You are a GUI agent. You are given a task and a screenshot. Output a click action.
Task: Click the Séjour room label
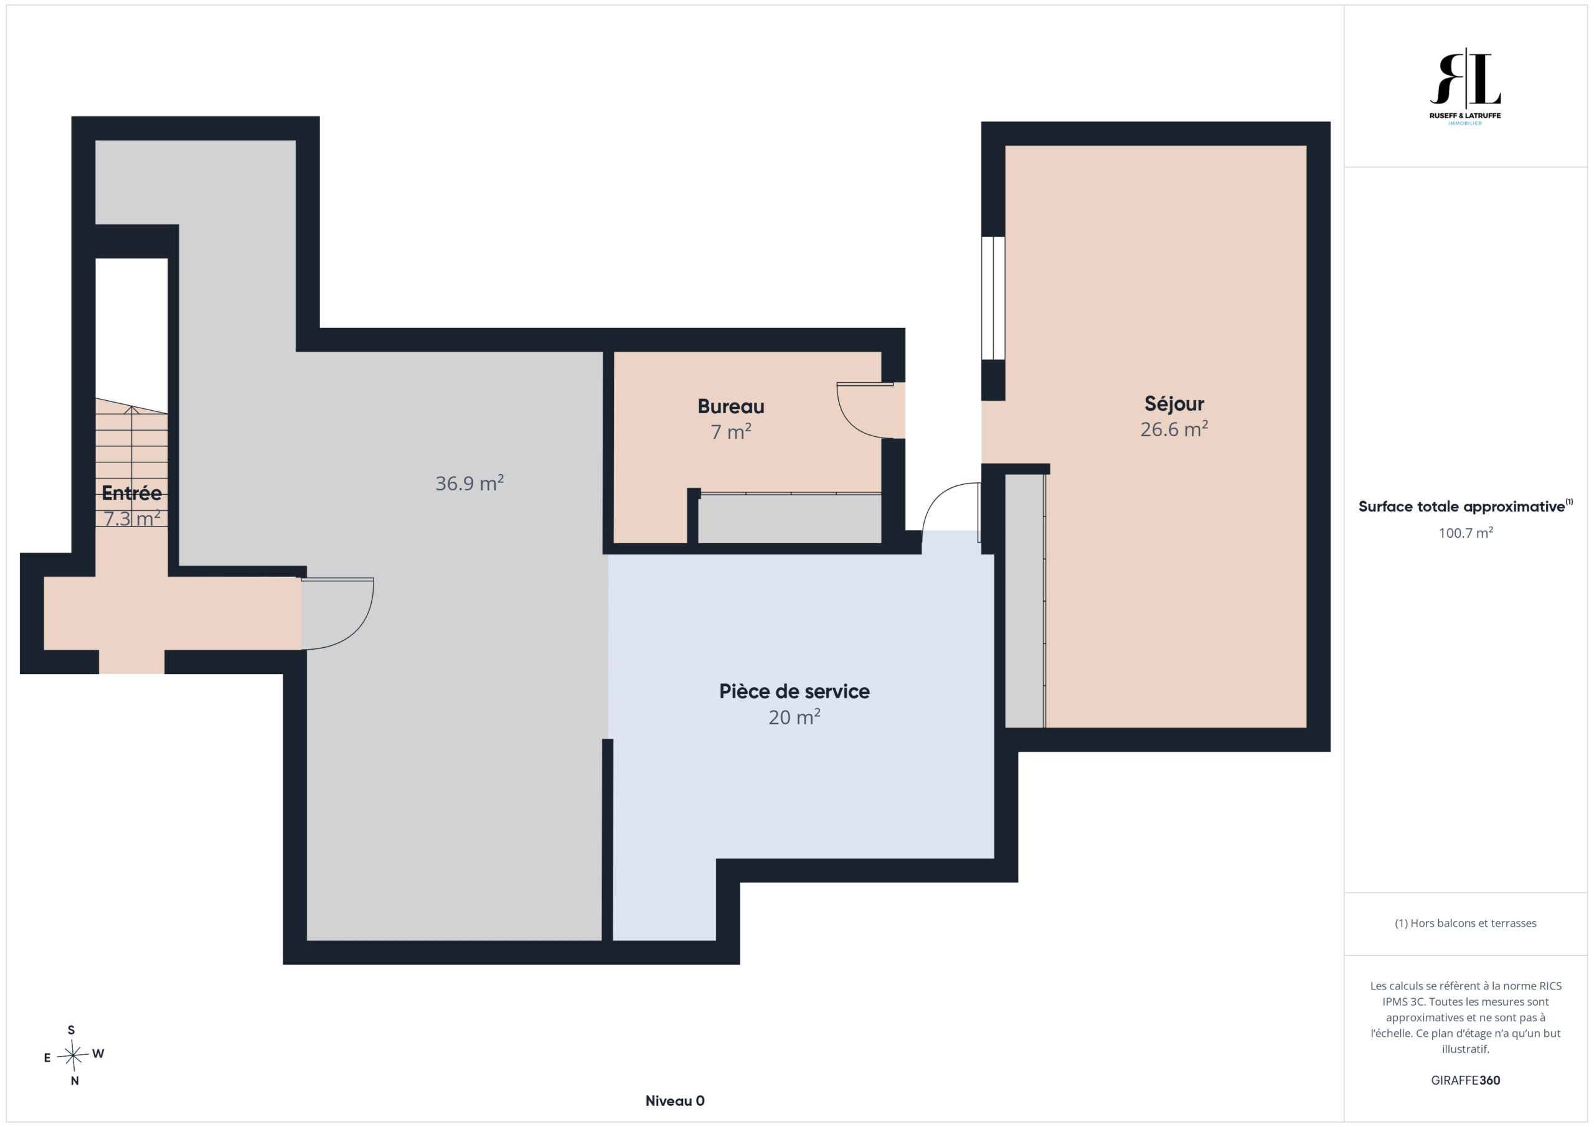click(x=1174, y=404)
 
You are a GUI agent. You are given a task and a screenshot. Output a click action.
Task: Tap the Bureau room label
click(x=731, y=406)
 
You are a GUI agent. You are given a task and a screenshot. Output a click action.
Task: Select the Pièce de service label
click(x=795, y=691)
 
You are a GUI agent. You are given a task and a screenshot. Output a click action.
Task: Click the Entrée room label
click(x=131, y=493)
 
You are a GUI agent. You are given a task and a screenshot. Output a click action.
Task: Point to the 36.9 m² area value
click(x=469, y=483)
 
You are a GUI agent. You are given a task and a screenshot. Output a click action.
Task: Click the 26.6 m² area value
click(x=1174, y=429)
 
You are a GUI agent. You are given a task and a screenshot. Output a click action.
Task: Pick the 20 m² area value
click(x=795, y=717)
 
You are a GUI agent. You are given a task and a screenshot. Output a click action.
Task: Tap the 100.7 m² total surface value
click(x=1466, y=532)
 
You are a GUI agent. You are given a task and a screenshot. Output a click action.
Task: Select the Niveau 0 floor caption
click(x=675, y=1101)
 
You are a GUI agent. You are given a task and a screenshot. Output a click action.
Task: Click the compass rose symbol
click(x=73, y=1055)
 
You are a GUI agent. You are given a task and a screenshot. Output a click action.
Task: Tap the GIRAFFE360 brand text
click(x=1466, y=1080)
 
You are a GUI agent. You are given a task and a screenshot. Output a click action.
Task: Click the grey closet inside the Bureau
click(x=790, y=518)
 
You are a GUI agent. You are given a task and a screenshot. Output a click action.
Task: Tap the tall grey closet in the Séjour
click(x=1025, y=601)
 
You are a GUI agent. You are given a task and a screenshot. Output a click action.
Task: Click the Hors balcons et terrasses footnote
click(x=1465, y=923)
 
